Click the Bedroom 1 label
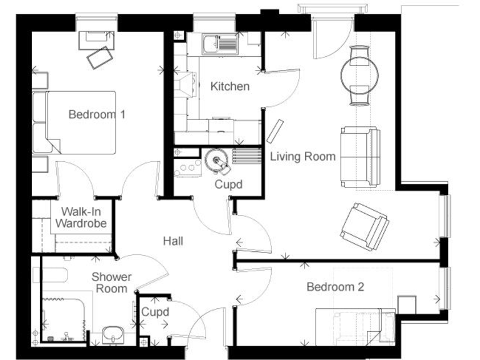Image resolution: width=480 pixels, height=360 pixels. pyautogui.click(x=97, y=114)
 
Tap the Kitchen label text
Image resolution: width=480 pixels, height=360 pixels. pyautogui.click(x=229, y=86)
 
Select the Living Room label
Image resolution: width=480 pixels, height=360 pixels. pyautogui.click(x=302, y=156)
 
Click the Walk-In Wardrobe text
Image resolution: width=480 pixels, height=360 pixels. pyautogui.click(x=81, y=217)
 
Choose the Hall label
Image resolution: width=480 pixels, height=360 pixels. pyautogui.click(x=173, y=241)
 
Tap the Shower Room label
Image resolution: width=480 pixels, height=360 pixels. pyautogui.click(x=112, y=282)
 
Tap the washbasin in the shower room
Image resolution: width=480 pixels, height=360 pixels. pyautogui.click(x=112, y=334)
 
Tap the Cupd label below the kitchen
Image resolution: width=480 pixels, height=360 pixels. pyautogui.click(x=228, y=184)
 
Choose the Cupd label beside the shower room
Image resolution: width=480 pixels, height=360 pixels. pyautogui.click(x=154, y=312)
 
